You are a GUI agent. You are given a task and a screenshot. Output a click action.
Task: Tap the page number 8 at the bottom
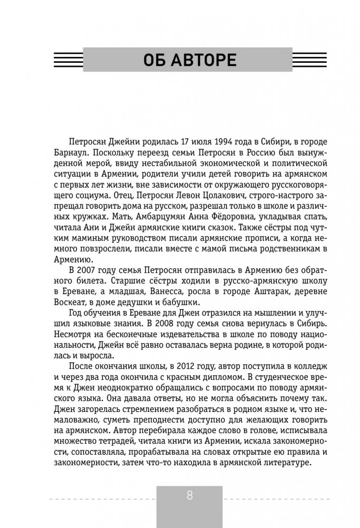(x=189, y=496)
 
